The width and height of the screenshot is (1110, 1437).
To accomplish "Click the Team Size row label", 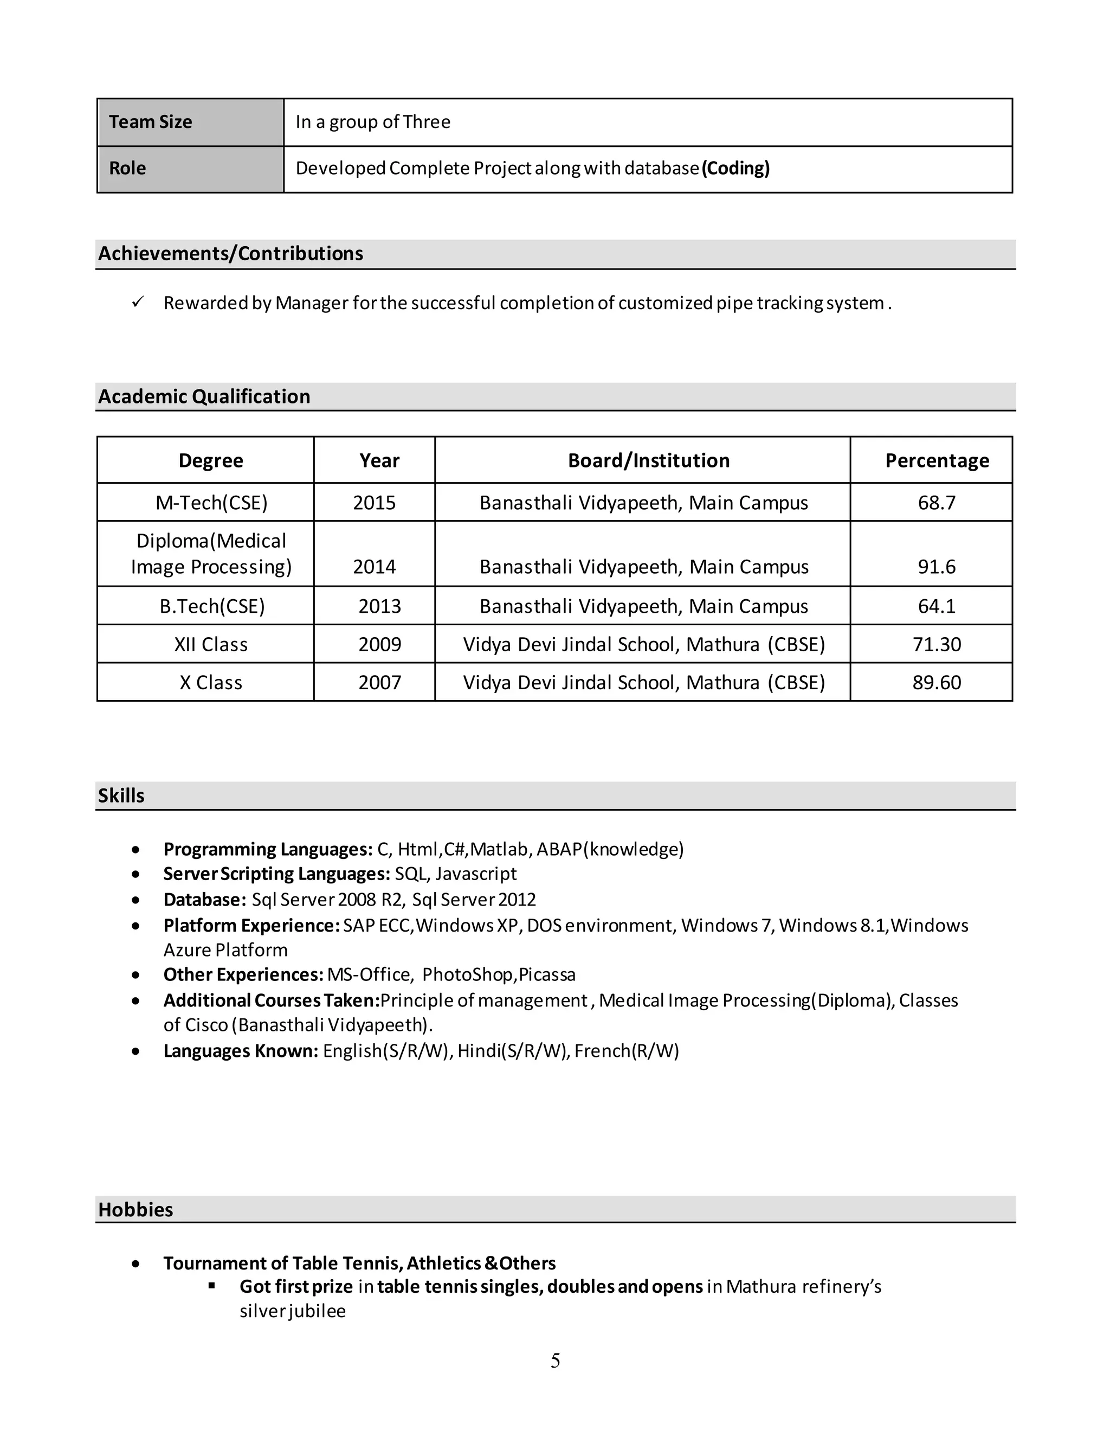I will [x=151, y=123].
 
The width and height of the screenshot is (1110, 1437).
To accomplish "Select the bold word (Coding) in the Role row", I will [x=735, y=169].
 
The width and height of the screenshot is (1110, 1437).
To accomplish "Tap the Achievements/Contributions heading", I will [x=230, y=253].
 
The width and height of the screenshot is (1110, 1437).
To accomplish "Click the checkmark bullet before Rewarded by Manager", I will [x=138, y=302].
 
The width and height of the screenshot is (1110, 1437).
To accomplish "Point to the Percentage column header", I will [x=937, y=460].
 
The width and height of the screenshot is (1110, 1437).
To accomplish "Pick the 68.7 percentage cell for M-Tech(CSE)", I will [x=937, y=503].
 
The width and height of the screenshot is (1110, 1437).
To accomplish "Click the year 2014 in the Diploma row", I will [x=374, y=567].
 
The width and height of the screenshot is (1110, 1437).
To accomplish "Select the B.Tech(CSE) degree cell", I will [x=212, y=606].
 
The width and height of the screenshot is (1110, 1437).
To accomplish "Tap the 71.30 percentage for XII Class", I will [x=937, y=644].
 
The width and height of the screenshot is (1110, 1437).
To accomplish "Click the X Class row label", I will [x=211, y=682].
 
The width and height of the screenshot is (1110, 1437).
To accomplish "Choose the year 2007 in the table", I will [x=379, y=682].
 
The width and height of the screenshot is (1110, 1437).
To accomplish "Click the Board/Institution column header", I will [x=648, y=460].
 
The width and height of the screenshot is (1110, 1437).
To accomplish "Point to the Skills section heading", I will [x=121, y=796].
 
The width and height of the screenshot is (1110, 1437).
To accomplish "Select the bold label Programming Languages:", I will [x=268, y=849].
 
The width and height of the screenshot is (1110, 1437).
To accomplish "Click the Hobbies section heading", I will [x=135, y=1209].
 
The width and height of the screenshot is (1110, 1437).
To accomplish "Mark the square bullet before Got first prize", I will [x=212, y=1285].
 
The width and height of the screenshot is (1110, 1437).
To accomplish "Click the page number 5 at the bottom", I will [x=555, y=1361].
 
